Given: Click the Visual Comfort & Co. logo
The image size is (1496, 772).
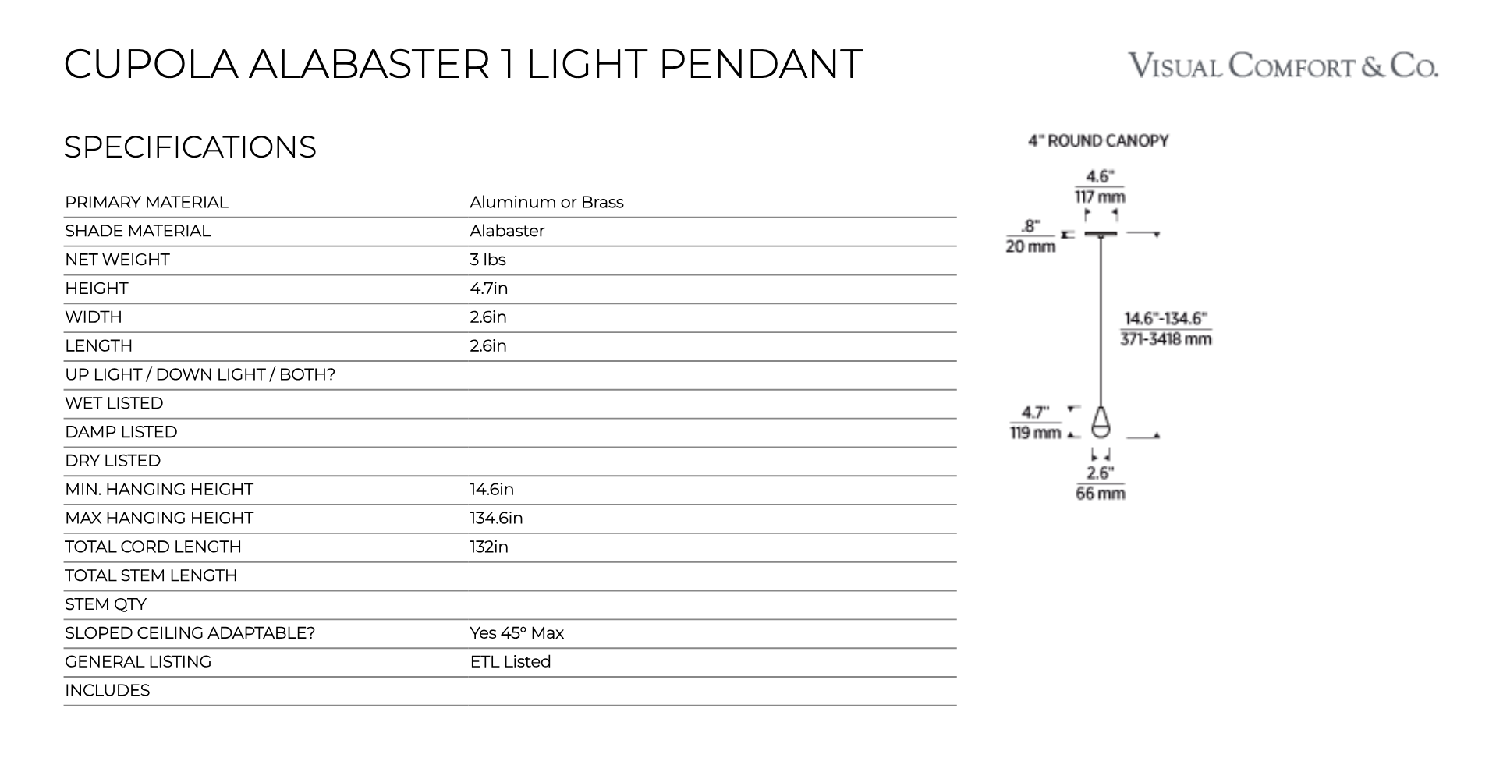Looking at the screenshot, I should [1283, 66].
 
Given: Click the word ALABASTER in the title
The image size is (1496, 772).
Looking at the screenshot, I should [369, 64].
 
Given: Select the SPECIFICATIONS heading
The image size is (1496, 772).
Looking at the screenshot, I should [190, 147].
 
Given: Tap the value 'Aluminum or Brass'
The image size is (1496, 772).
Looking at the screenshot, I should [546, 203].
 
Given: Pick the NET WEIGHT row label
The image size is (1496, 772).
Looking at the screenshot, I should [117, 260].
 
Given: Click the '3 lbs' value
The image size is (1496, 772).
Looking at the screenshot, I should [487, 260].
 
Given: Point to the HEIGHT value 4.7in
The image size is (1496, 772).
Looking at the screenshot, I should [488, 289].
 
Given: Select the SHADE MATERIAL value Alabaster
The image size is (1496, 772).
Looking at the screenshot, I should [507, 231].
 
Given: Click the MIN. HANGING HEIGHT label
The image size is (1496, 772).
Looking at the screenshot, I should [159, 490].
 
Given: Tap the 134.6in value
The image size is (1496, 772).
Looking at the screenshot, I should [496, 519].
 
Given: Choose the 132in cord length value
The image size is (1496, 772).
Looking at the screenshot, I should [489, 547].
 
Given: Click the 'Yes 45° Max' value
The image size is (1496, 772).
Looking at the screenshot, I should [516, 633].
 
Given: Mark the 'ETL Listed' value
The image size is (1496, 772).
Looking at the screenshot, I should [510, 662].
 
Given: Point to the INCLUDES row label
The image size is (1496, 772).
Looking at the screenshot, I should [107, 691].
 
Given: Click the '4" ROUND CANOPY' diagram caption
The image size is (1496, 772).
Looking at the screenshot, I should [1098, 141].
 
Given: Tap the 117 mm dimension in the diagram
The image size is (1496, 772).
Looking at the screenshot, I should [1100, 197].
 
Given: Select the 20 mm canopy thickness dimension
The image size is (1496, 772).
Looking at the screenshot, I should [1030, 246].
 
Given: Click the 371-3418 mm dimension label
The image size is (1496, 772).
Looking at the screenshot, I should [1166, 339].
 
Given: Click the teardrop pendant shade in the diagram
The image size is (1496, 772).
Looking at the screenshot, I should [1101, 423].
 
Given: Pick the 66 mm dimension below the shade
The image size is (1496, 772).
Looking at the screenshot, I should [1101, 494].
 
